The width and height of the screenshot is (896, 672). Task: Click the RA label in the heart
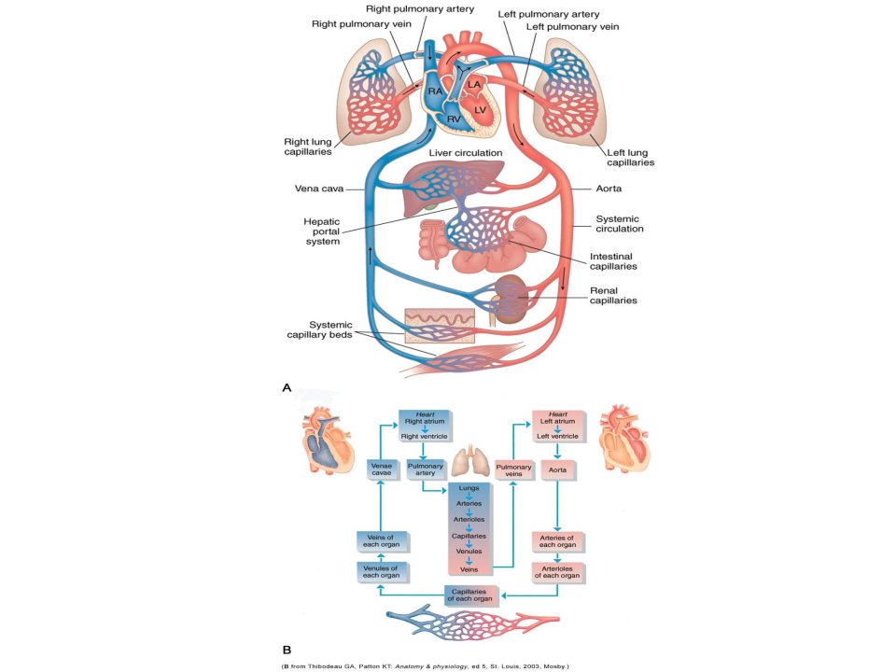(x=436, y=91)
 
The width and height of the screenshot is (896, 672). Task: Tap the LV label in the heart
(x=480, y=110)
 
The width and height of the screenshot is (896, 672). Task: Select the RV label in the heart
(x=454, y=119)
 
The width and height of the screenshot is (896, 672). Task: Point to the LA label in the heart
(x=474, y=85)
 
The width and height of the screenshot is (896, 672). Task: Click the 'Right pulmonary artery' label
(x=420, y=8)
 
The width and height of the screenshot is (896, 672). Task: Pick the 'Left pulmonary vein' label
(x=572, y=26)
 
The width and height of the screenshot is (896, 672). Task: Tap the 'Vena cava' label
(x=319, y=188)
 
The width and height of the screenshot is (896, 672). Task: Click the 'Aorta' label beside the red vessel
(x=609, y=188)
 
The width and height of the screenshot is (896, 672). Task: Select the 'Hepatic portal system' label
(x=322, y=231)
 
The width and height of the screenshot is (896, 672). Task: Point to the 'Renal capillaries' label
(x=613, y=296)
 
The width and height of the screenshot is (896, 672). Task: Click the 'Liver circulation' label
(x=466, y=152)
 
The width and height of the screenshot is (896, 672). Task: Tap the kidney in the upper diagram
(x=510, y=300)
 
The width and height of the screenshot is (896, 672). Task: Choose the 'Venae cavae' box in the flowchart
(x=382, y=469)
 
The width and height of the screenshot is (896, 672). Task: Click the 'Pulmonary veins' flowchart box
(x=513, y=470)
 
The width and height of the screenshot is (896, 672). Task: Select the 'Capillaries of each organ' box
(x=470, y=595)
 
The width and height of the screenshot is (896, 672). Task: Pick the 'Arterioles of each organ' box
(x=558, y=572)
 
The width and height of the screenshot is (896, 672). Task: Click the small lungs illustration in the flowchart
(x=470, y=462)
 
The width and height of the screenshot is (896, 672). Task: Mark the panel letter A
(x=287, y=387)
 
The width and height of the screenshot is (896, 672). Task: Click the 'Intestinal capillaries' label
(x=613, y=261)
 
